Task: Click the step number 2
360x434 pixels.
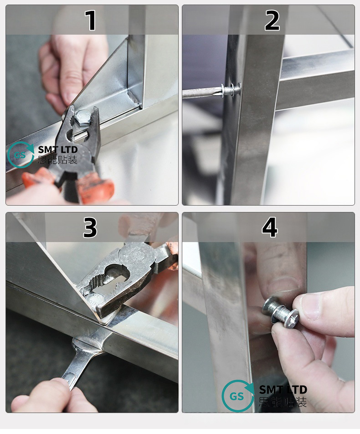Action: click(272, 20)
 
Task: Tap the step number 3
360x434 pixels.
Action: click(90, 227)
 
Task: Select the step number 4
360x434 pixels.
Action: click(270, 227)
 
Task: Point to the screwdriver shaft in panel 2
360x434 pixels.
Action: click(201, 93)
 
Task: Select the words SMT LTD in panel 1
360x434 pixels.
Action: click(58, 150)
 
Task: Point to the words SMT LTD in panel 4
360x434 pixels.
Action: click(283, 390)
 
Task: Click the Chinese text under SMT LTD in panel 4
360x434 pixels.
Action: click(283, 402)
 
